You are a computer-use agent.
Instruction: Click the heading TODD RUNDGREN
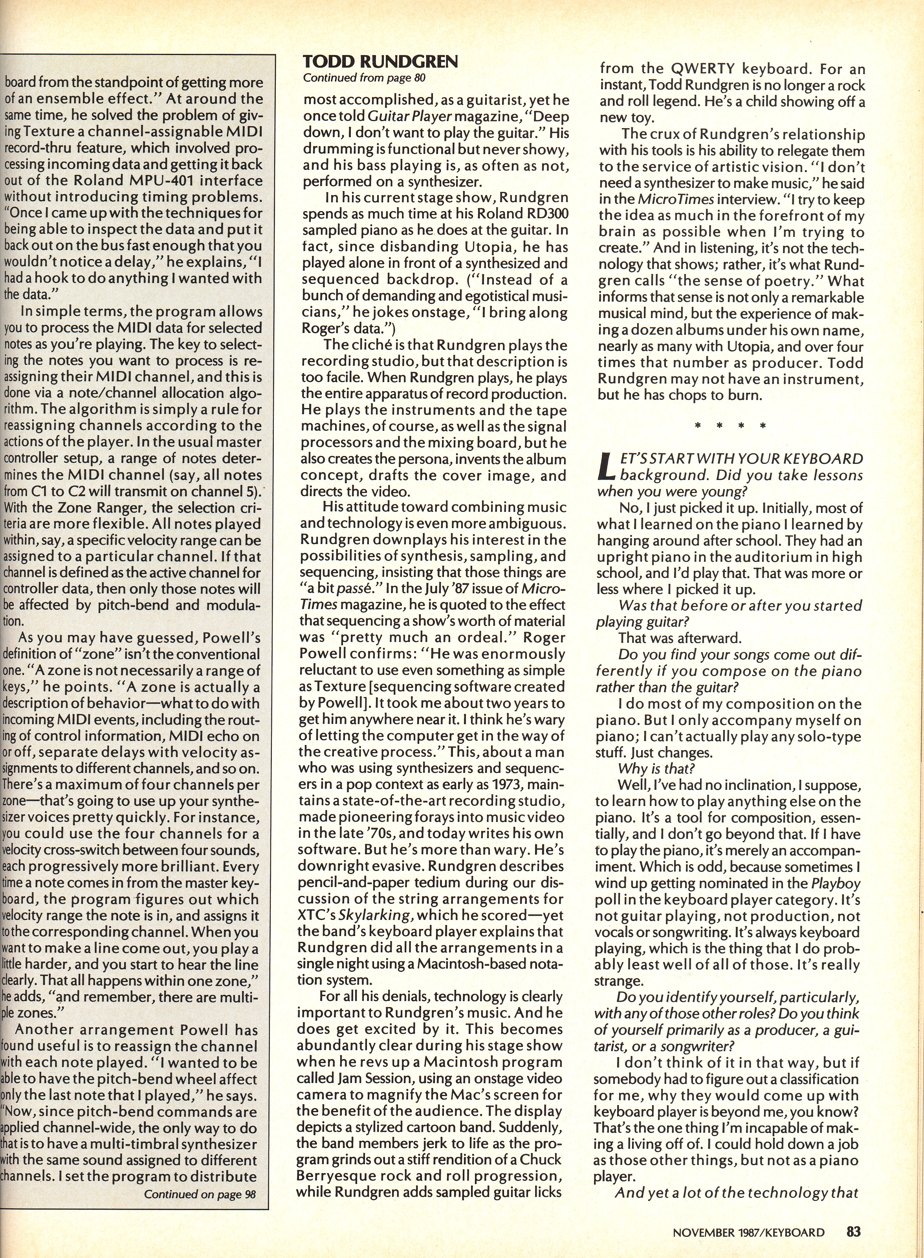coord(380,62)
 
